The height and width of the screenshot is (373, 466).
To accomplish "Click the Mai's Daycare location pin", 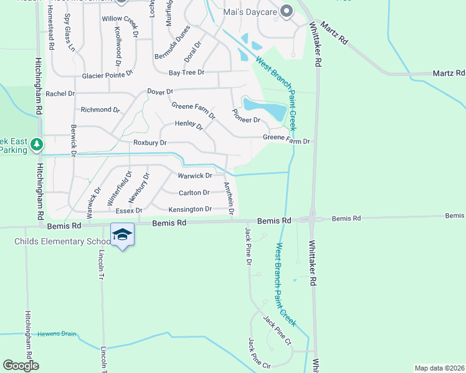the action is [x=287, y=11].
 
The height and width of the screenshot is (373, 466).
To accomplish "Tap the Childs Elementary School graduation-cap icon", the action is [x=122, y=235].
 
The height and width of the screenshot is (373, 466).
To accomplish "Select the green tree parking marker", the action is [x=37, y=145].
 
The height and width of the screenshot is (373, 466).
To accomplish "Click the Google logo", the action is [x=21, y=366].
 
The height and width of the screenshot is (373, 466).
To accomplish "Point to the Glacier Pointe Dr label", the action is [x=108, y=76].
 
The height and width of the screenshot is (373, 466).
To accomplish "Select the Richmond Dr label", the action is [x=100, y=110].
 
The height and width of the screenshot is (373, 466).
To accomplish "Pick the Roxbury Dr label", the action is [x=150, y=143].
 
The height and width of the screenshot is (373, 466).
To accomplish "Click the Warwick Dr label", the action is [x=195, y=176].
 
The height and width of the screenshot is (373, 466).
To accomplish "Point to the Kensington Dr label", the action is [x=191, y=210].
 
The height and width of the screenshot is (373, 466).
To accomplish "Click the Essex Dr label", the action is [x=130, y=211].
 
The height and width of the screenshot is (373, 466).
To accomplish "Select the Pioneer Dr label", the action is [x=246, y=116].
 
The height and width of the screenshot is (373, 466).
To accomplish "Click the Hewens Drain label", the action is [x=57, y=334].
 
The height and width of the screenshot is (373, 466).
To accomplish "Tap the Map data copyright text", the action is [x=439, y=368].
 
